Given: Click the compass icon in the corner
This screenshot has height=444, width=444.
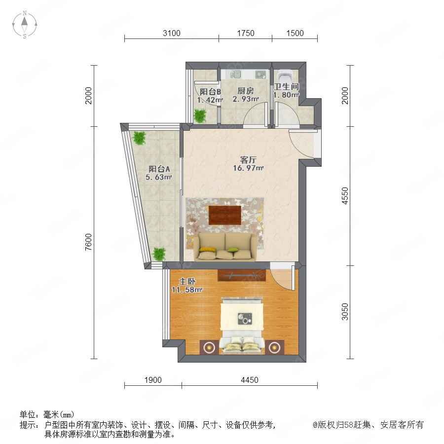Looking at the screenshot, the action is [25, 24].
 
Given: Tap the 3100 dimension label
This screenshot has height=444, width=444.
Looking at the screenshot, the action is [172, 33].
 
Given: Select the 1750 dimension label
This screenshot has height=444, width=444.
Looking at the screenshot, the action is [246, 33].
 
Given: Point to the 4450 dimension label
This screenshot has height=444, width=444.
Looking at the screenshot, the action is [250, 380].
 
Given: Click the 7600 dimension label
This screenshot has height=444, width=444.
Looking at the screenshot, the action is [89, 242].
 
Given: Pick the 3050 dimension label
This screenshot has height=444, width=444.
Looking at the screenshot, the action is [345, 311].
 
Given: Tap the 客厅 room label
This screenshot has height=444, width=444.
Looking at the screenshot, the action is [248, 160].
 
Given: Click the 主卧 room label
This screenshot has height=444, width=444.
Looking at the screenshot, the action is [187, 282].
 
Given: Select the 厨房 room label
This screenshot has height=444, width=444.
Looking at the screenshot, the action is [245, 91].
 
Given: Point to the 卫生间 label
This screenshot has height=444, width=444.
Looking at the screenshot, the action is [286, 87].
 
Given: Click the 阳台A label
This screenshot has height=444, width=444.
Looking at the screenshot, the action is [159, 169].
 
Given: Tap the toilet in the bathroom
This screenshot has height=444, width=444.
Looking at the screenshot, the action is [285, 76].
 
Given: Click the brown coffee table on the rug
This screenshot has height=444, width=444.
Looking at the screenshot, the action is [225, 215].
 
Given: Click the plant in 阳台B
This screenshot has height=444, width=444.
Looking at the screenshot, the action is [200, 115].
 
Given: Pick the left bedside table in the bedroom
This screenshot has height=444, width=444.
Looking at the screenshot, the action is [209, 347].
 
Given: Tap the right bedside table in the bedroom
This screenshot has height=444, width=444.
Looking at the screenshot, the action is [274, 347].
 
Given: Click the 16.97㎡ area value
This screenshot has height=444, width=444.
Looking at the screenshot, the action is [248, 168].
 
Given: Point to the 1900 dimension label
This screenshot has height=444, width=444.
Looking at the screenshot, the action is [153, 380].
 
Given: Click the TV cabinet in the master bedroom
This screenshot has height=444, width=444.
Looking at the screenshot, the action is [242, 275].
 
